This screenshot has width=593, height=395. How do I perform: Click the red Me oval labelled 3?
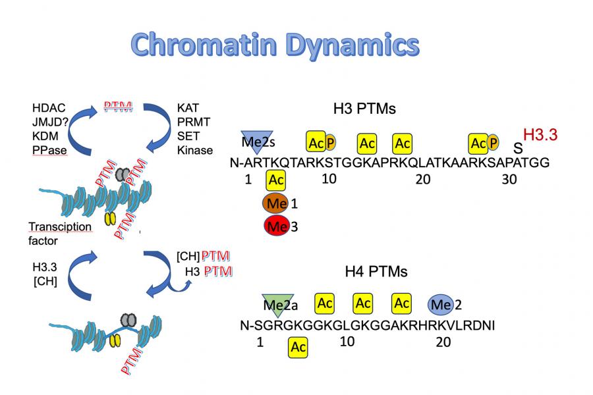[276, 226]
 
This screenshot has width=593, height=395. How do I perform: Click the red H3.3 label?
[540, 136]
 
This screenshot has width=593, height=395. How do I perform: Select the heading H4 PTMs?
[376, 271]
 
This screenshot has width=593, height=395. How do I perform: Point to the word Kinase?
[195, 150]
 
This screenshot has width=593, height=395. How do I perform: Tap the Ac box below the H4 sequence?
[298, 346]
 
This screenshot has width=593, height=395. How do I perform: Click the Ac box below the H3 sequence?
[277, 180]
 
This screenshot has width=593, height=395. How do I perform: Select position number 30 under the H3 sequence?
[509, 179]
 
